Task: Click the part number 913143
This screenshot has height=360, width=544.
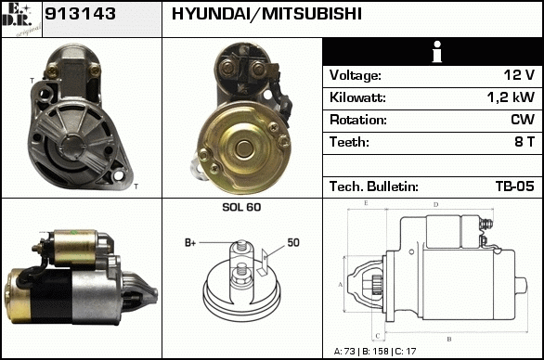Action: [x=80, y=14]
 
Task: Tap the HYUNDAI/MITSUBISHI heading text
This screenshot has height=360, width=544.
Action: [x=266, y=14]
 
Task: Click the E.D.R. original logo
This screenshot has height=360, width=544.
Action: [x=21, y=19]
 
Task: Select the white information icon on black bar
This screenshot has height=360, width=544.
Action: [x=437, y=52]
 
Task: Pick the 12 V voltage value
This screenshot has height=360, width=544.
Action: [x=519, y=75]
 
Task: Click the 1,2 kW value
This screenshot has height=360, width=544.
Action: [x=511, y=97]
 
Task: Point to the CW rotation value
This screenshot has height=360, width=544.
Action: [x=523, y=120]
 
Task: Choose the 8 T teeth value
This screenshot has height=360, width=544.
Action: [x=525, y=142]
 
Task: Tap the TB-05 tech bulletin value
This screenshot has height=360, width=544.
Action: [x=515, y=186]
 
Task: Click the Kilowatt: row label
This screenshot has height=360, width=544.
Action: [x=357, y=97]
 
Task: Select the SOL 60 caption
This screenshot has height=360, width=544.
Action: [x=241, y=207]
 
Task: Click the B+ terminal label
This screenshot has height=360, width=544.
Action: [x=190, y=243]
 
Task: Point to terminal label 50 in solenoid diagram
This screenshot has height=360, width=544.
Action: [x=293, y=242]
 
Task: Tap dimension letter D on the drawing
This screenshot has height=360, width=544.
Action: [x=436, y=205]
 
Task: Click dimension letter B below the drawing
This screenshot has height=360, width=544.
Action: [x=449, y=339]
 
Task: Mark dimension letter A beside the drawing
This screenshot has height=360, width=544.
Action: [x=340, y=285]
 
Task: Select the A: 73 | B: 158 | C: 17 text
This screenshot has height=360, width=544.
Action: [x=375, y=352]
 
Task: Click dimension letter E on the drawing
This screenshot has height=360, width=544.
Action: [x=366, y=203]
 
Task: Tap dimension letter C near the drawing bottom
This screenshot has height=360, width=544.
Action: [x=378, y=336]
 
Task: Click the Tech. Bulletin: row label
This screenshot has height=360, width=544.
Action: [x=374, y=186]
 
